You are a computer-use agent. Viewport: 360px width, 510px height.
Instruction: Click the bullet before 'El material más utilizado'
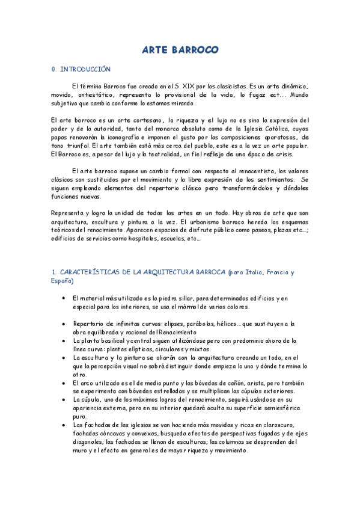64,298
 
